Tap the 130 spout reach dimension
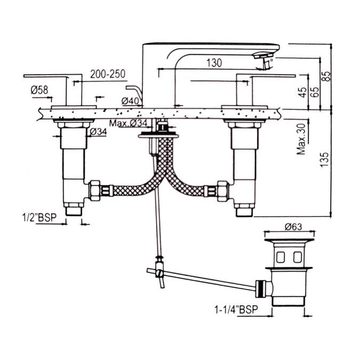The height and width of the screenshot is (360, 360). coord(213,63)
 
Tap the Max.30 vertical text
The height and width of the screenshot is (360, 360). coord(302,140)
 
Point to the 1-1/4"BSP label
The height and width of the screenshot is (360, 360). coord(233,309)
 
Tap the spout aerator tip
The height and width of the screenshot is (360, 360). coord(263,57)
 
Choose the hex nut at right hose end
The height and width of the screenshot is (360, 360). coord(221,189)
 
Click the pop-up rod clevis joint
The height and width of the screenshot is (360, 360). coord(158,272)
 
